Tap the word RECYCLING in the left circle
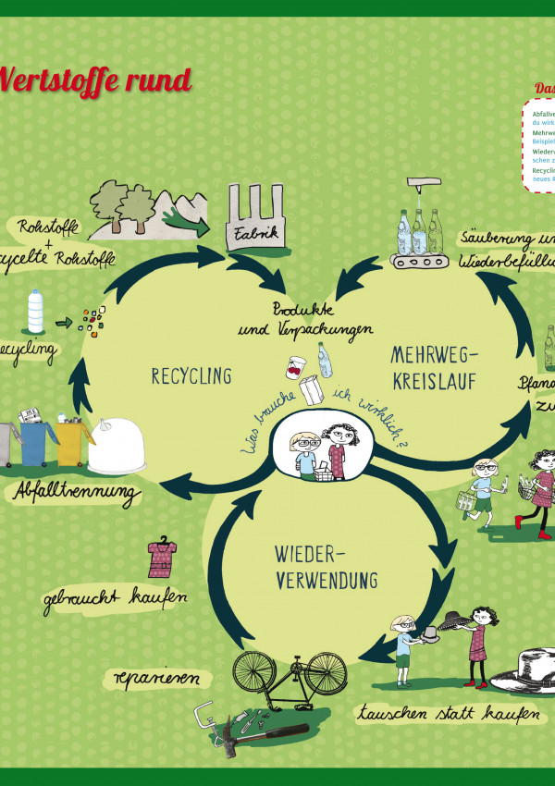click(x=191, y=375)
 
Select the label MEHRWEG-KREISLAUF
click(x=432, y=367)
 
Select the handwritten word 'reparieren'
click(x=156, y=677)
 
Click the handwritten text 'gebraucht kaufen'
click(x=115, y=599)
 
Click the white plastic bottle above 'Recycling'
click(x=35, y=312)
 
